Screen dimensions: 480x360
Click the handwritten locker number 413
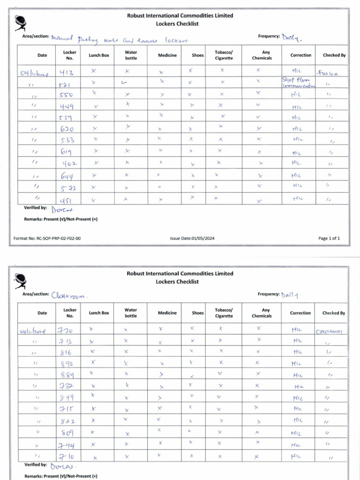(67, 73)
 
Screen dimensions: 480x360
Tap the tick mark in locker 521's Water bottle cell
(124, 83)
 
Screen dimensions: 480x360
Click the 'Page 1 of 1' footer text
(329, 238)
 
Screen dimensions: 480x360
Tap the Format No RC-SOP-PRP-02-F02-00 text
(47, 238)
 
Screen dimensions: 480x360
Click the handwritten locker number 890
(66, 363)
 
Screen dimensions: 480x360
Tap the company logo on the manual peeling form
(21, 22)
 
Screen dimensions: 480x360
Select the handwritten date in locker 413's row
(35, 73)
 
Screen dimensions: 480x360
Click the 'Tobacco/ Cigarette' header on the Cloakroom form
(223, 313)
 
